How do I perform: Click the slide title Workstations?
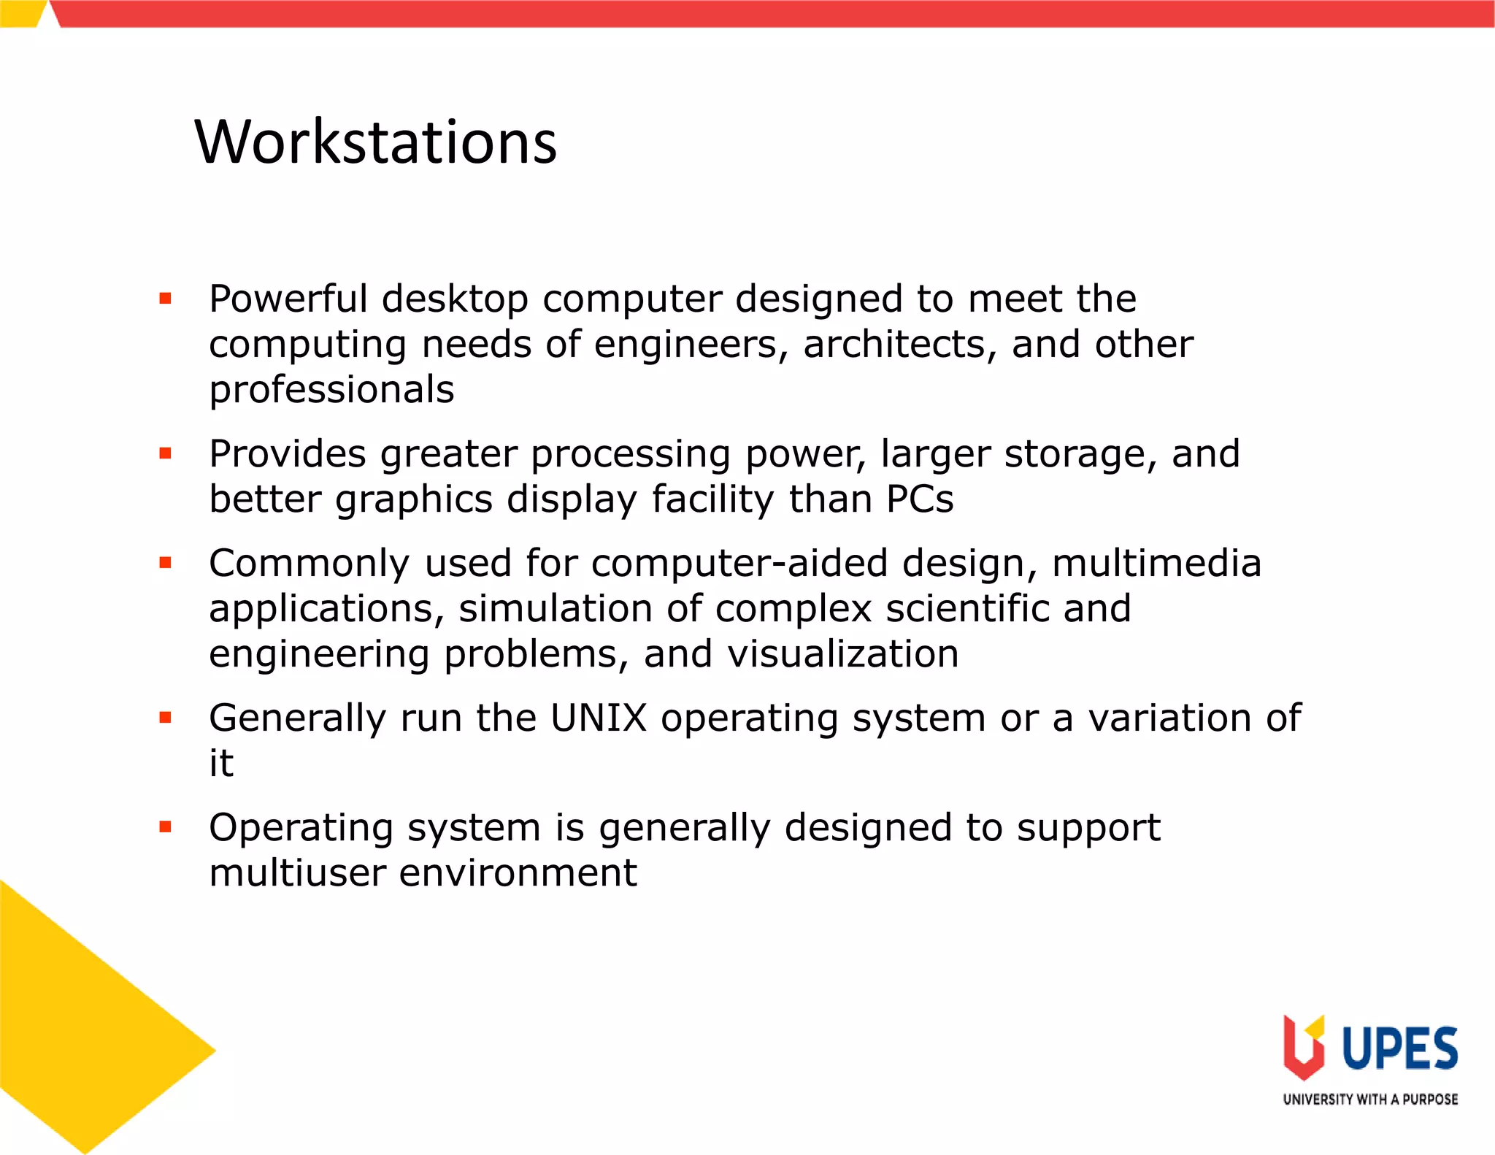click(x=375, y=142)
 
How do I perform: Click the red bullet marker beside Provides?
click(x=166, y=453)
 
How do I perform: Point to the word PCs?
click(x=919, y=500)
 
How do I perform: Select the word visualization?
click(x=842, y=654)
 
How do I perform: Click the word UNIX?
click(x=598, y=718)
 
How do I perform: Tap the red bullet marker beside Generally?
click(x=166, y=718)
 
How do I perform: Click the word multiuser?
click(x=296, y=873)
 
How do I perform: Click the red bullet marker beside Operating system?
click(x=166, y=827)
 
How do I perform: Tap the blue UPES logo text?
click(x=1399, y=1048)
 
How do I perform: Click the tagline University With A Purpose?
click(x=1370, y=1100)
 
